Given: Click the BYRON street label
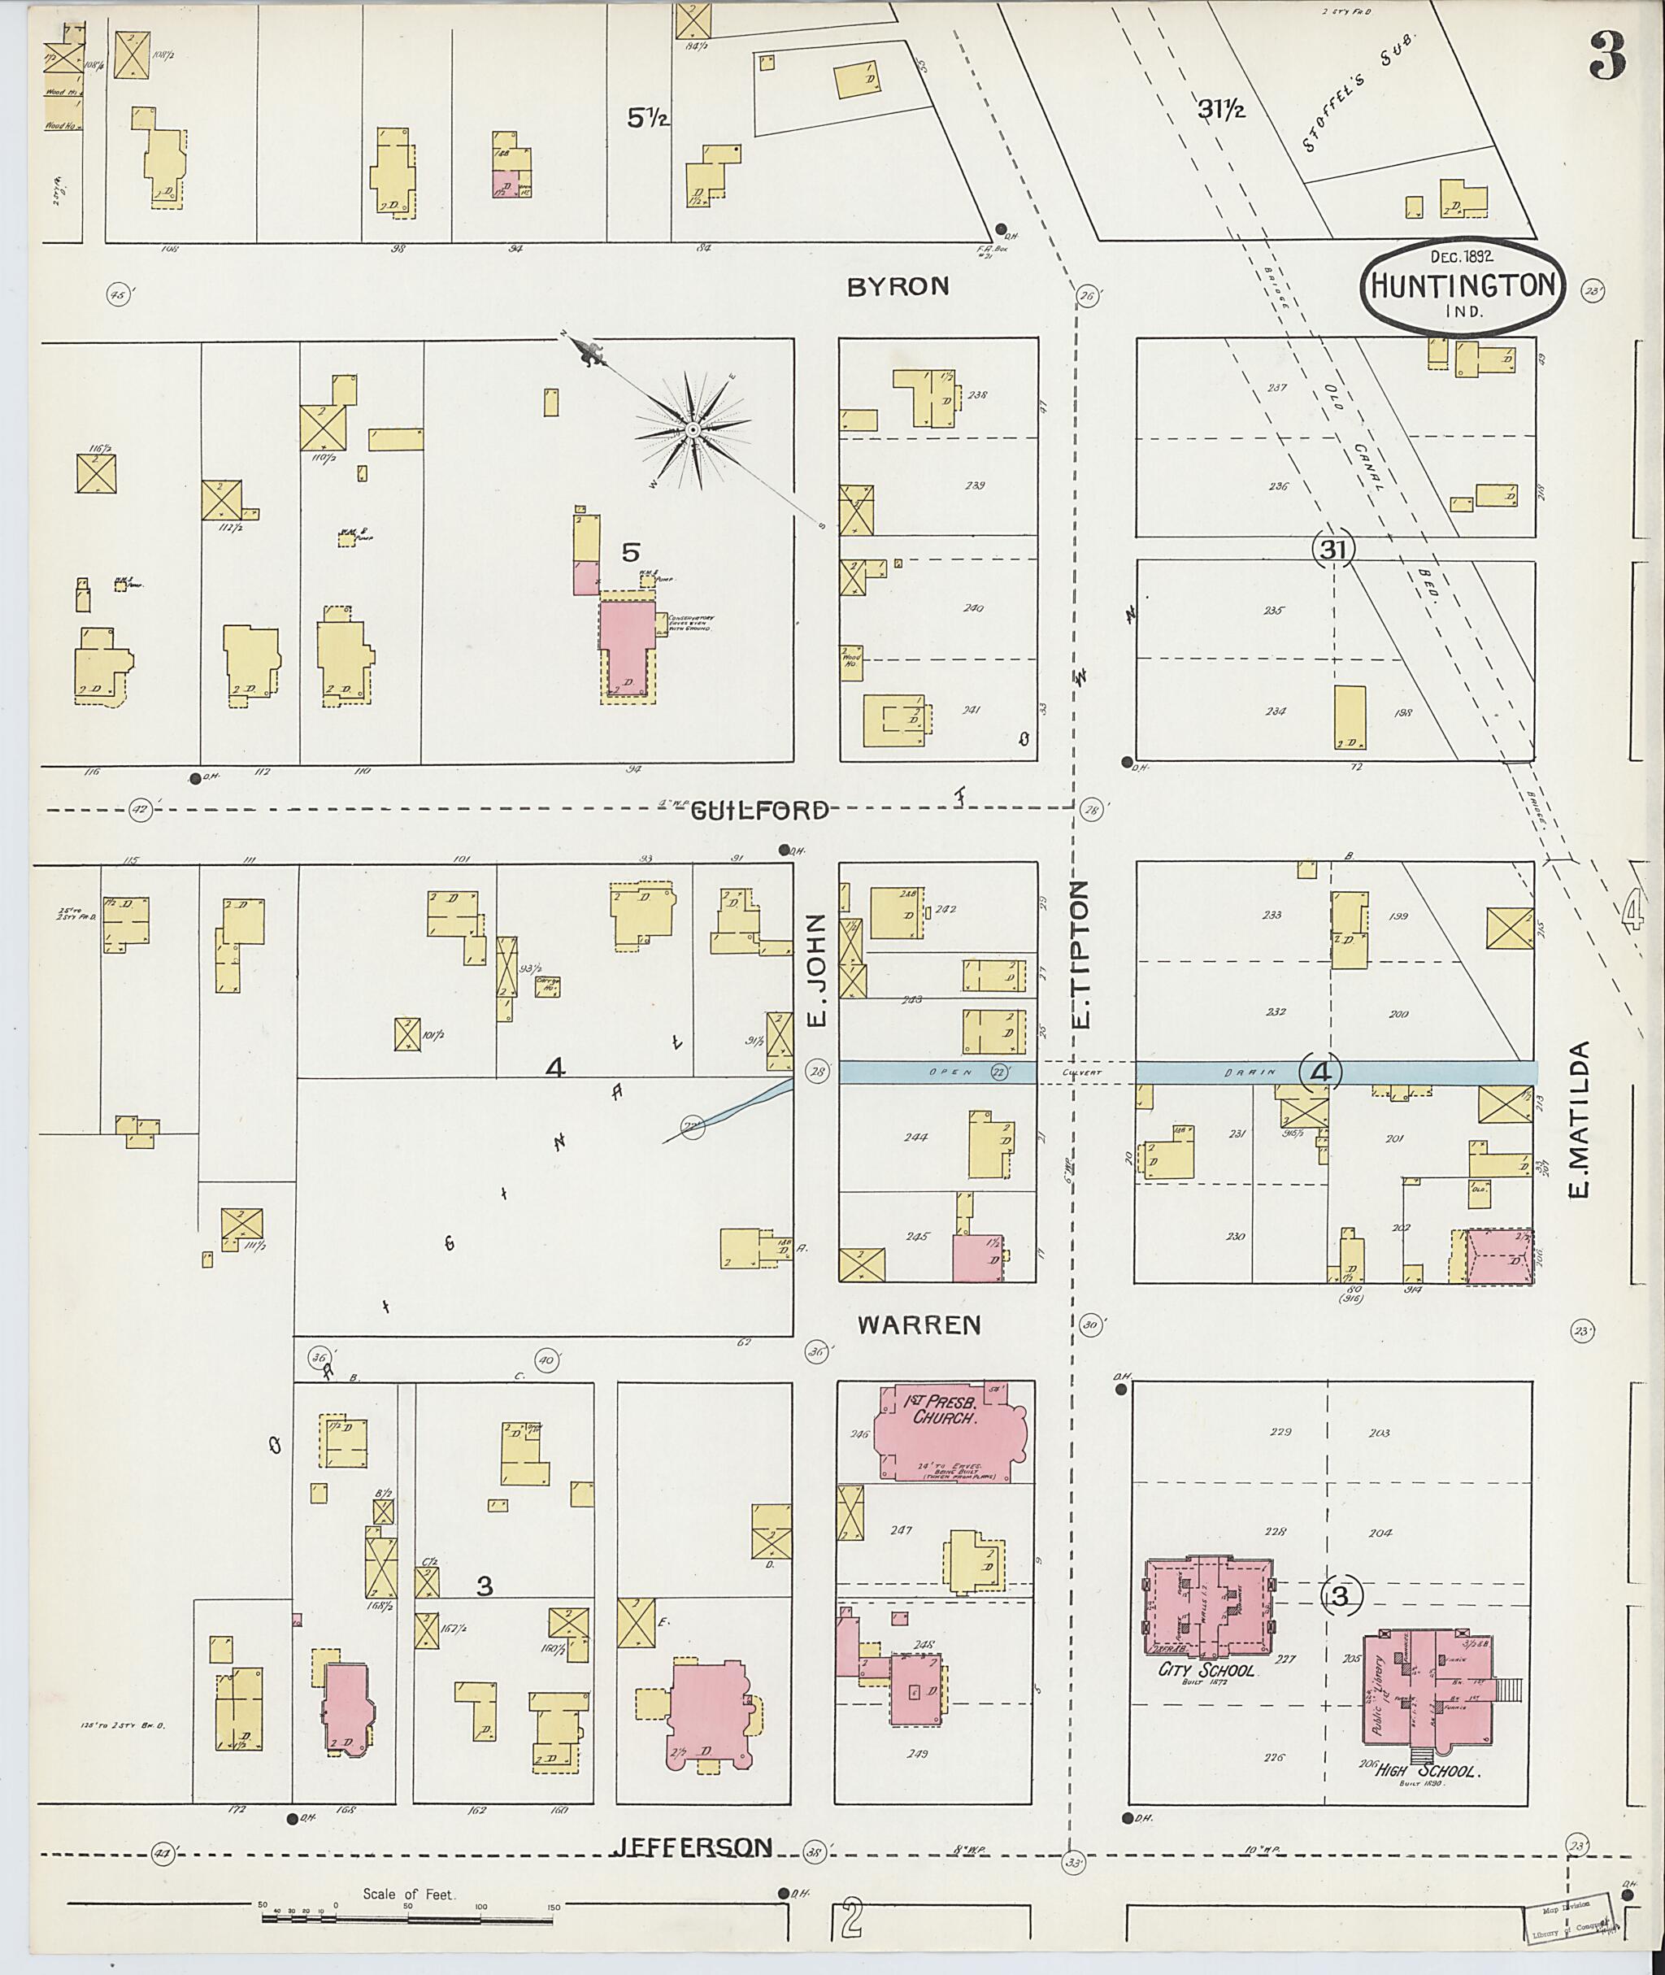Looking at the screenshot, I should (897, 287).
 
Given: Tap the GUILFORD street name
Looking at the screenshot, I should (760, 810).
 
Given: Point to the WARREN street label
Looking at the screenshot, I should (919, 1325).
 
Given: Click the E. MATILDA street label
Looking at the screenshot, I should (1579, 1119).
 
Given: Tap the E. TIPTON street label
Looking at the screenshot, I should (1083, 954).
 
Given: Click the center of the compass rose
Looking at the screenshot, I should (692, 430).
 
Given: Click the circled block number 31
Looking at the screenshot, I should (1332, 549).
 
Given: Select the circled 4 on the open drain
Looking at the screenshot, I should (1320, 1072).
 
